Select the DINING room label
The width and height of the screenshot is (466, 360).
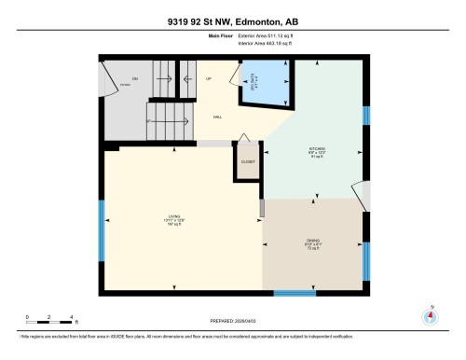312,245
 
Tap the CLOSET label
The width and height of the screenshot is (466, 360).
248,161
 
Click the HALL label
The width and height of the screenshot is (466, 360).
217,118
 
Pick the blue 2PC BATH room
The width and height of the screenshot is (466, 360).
264,85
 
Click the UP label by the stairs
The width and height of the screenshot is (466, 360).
209,78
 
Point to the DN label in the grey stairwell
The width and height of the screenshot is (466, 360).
135,78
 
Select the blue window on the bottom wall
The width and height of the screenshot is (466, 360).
295,293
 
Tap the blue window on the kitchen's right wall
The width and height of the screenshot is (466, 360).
365,116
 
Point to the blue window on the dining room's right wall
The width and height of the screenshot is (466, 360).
365,261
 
